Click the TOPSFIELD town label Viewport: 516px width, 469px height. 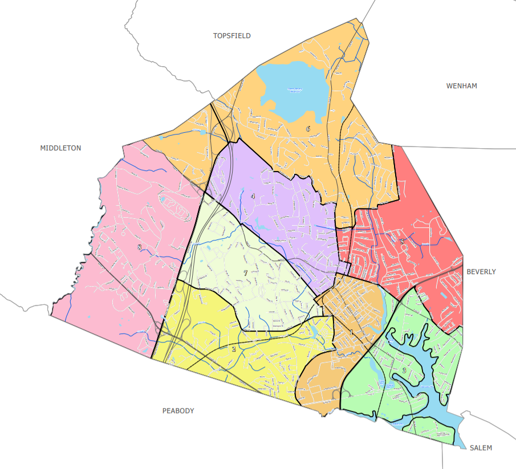click(231, 36)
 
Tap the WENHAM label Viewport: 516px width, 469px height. click(461, 86)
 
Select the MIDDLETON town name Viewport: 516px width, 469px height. click(60, 148)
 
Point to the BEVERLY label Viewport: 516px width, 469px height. click(481, 272)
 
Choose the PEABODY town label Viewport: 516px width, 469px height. click(178, 411)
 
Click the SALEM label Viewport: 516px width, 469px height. click(481, 448)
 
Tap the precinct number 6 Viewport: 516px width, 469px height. click(308, 129)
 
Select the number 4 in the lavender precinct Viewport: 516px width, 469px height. click(253, 197)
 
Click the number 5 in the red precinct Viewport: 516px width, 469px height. click(402, 242)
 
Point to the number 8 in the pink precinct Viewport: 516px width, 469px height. click(139, 247)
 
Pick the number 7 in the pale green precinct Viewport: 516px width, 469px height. click(245, 274)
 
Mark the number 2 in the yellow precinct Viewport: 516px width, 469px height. click(233, 349)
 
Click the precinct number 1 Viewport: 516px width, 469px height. click(352, 333)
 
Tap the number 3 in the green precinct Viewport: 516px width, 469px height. click(404, 370)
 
